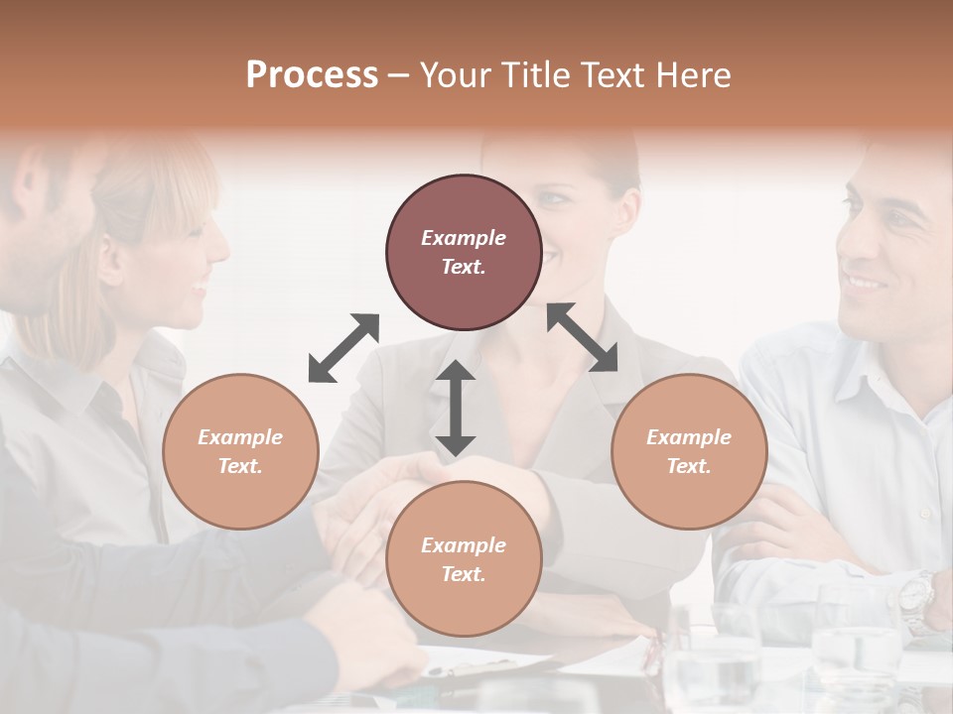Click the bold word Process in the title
pyautogui.click(x=312, y=75)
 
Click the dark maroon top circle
pyautogui.click(x=464, y=252)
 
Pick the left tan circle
pyautogui.click(x=240, y=451)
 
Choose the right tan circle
pyautogui.click(x=689, y=451)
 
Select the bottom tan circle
pyautogui.click(x=464, y=559)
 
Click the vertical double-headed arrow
pyautogui.click(x=456, y=408)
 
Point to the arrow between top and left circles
pyautogui.click(x=343, y=348)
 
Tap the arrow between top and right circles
pyautogui.click(x=582, y=337)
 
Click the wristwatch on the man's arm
pyautogui.click(x=915, y=595)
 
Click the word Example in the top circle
pyautogui.click(x=464, y=238)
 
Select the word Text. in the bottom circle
pyautogui.click(x=464, y=574)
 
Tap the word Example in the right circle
pyautogui.click(x=689, y=437)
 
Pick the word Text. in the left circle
pyautogui.click(x=240, y=466)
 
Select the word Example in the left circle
pyautogui.click(x=240, y=437)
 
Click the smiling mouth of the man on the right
pyautogui.click(x=865, y=283)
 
